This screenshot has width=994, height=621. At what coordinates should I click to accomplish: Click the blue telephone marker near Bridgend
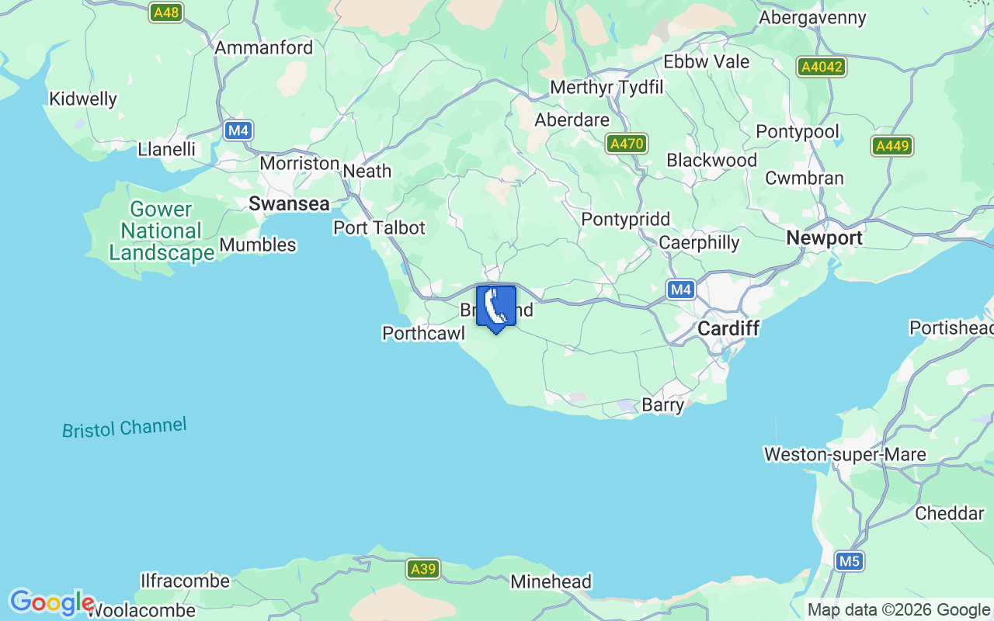coord(495,307)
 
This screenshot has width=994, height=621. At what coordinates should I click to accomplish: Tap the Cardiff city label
coord(728,328)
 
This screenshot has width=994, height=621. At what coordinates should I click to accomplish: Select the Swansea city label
coord(289,203)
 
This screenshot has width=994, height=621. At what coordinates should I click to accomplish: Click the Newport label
coord(824,238)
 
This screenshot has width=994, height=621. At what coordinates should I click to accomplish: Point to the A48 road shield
coord(166,12)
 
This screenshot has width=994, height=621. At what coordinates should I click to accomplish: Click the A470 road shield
coord(627,144)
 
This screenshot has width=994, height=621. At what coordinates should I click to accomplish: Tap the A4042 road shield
coord(821,67)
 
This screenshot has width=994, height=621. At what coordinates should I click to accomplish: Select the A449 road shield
coord(892,145)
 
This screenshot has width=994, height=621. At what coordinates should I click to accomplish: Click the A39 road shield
coord(423,569)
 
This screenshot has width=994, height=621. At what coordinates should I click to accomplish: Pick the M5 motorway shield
coord(850,560)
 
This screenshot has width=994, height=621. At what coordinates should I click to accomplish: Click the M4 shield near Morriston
coord(238,130)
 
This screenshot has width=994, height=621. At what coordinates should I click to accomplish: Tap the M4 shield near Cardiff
coord(680,290)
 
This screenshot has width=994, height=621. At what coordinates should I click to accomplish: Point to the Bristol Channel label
coord(124,428)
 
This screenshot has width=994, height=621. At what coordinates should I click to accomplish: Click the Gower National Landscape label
coord(162,231)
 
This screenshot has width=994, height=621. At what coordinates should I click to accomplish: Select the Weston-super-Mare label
coord(845,454)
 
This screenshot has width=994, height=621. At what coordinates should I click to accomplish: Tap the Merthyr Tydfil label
coord(606,88)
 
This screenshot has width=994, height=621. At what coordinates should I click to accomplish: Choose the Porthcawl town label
coord(423,333)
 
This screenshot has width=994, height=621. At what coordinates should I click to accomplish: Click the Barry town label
coord(663,404)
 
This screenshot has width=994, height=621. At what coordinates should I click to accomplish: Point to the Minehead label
coord(551,581)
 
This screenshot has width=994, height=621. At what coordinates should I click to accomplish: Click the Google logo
coord(51,602)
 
